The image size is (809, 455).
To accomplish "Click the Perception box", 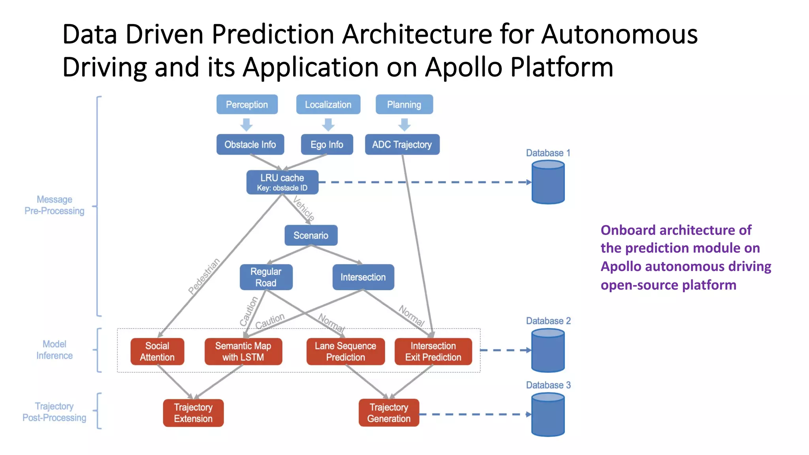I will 247,105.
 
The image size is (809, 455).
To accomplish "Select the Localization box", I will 328,105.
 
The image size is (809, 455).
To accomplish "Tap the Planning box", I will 404,105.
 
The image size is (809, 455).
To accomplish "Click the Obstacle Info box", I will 250,145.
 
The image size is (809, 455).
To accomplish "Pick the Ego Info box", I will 327,145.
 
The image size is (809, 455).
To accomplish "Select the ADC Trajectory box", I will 402,145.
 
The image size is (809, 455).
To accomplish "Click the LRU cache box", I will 282,182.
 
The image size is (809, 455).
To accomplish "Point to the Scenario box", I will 311,235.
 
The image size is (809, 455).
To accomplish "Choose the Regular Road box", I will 266,277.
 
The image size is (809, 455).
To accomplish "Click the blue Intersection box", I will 363,277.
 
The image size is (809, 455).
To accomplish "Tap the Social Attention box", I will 157,352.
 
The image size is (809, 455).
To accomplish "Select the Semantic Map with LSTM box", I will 243,352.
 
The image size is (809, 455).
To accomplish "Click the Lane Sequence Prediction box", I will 345,352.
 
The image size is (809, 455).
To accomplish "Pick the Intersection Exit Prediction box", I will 433,352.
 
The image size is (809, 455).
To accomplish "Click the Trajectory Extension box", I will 193,413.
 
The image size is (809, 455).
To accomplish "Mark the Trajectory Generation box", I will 389,413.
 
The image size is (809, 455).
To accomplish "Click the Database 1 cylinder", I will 548,182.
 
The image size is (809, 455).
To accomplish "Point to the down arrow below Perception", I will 246,125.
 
